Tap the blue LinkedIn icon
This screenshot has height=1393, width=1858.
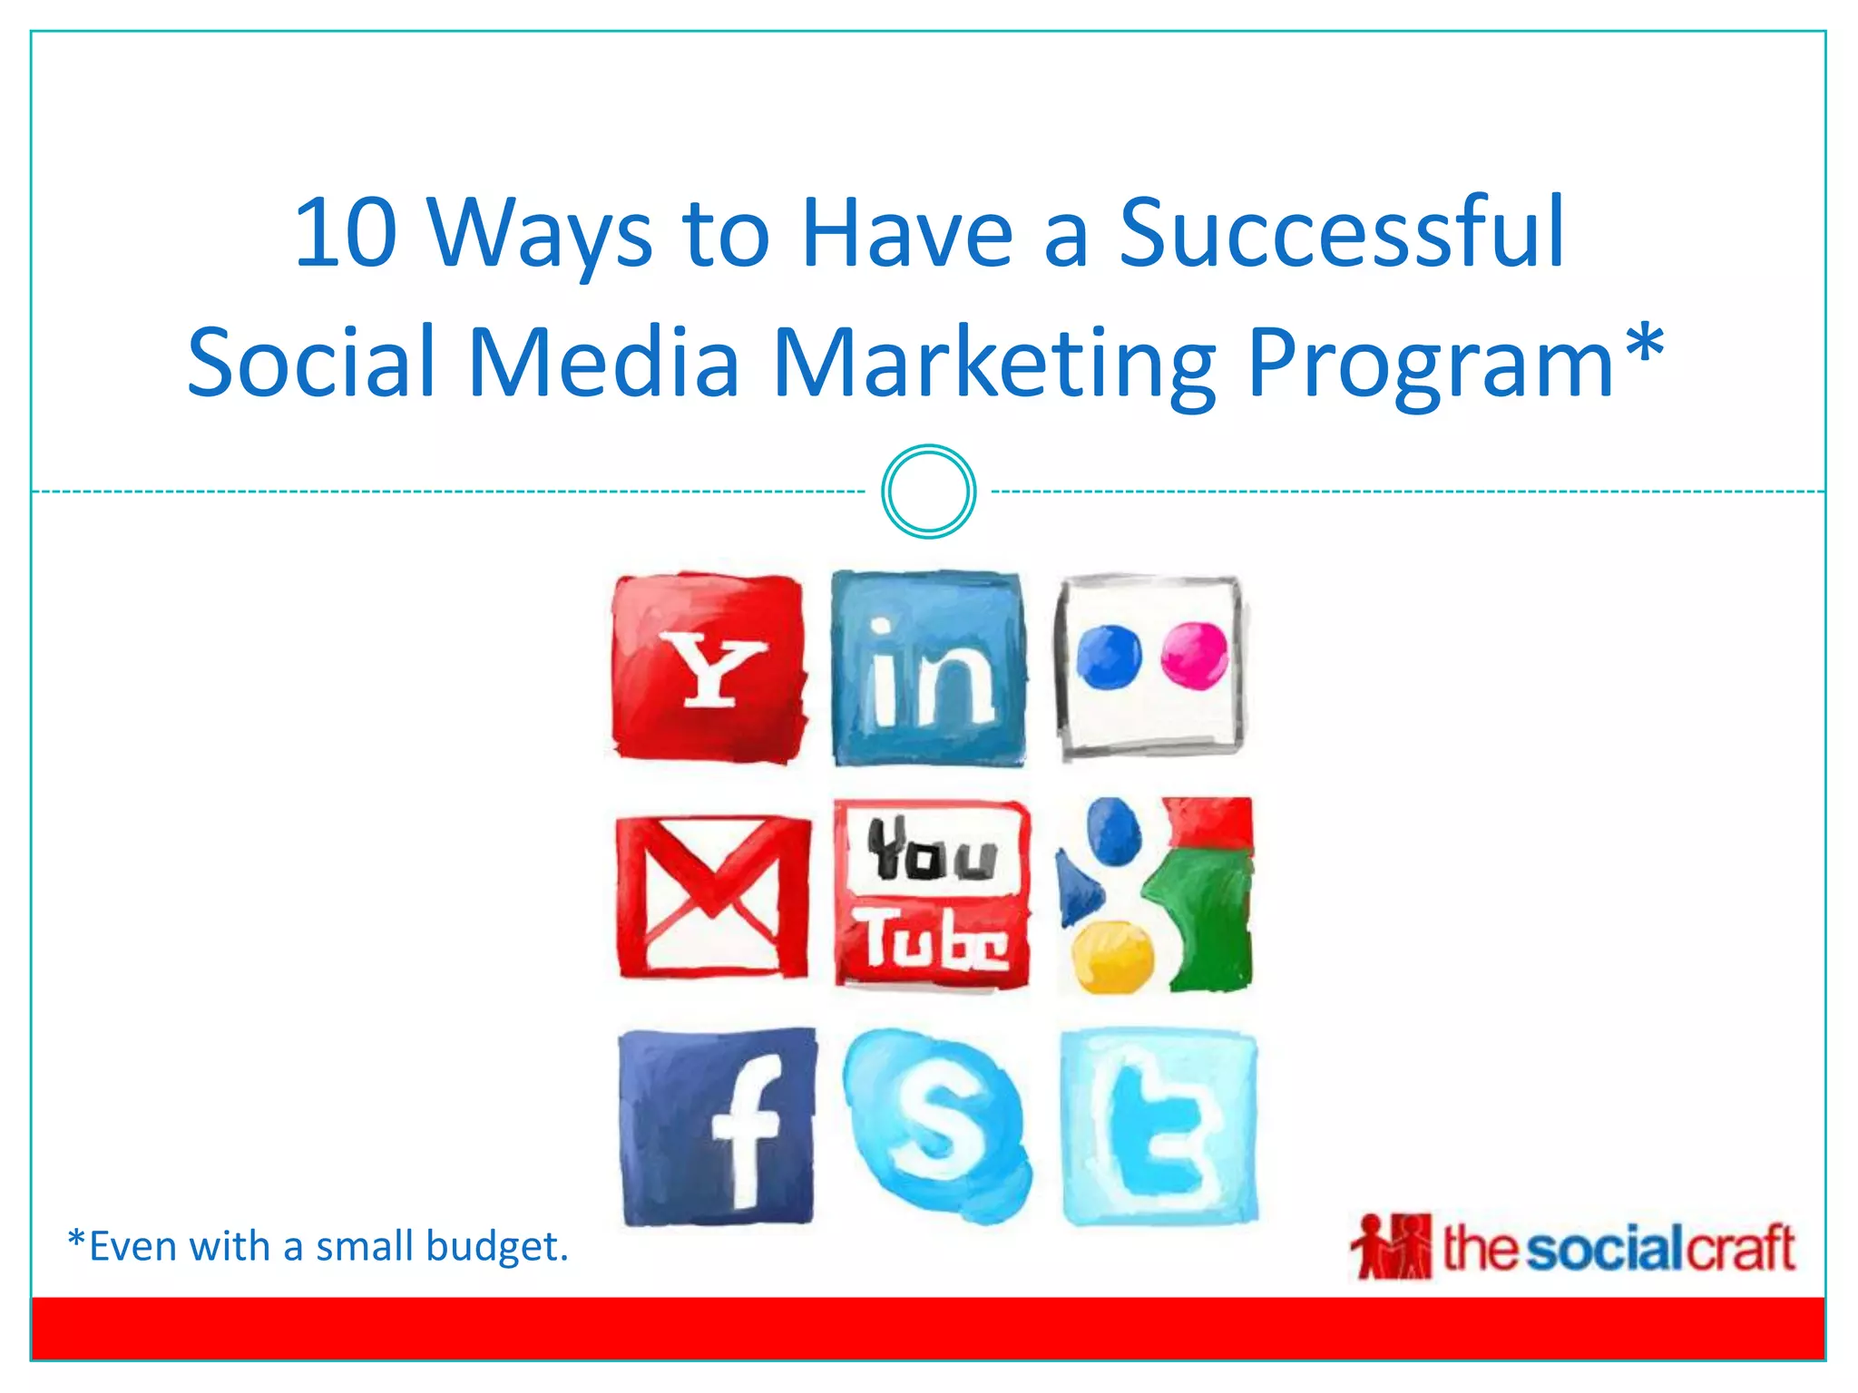tap(928, 669)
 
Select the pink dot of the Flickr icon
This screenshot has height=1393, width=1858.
tap(1194, 655)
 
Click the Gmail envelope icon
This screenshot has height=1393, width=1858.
tap(713, 897)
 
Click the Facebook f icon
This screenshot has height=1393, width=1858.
tap(718, 1127)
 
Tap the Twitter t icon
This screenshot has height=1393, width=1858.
tap(1159, 1127)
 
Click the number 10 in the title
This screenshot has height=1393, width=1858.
tap(346, 234)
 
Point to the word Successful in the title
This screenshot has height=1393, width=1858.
tap(1342, 234)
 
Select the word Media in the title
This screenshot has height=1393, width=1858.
tap(603, 363)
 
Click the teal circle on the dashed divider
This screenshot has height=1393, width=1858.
tap(928, 492)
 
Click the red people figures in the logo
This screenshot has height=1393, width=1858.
tap(1391, 1246)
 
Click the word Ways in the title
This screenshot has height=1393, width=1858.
tap(540, 234)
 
